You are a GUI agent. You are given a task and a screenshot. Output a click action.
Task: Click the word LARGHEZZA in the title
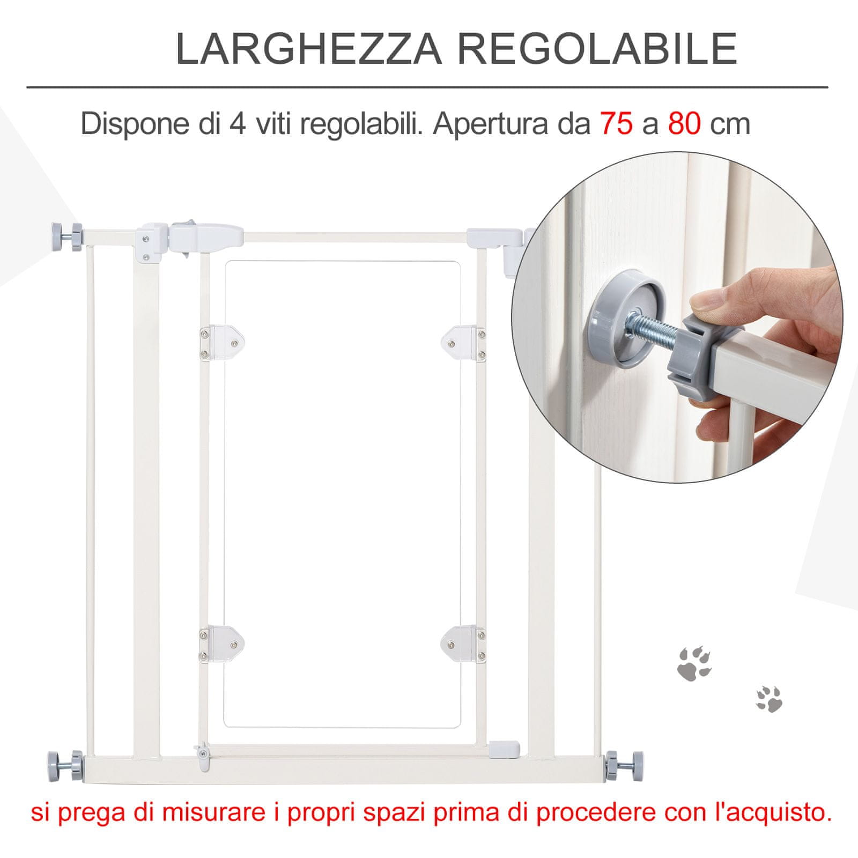(309, 49)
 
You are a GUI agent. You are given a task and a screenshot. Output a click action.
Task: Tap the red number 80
(685, 124)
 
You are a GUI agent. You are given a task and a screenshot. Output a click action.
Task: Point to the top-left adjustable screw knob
(66, 236)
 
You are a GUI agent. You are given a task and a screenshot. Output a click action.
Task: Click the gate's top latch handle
(206, 236)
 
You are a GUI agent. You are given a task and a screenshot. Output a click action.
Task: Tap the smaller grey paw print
(770, 699)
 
